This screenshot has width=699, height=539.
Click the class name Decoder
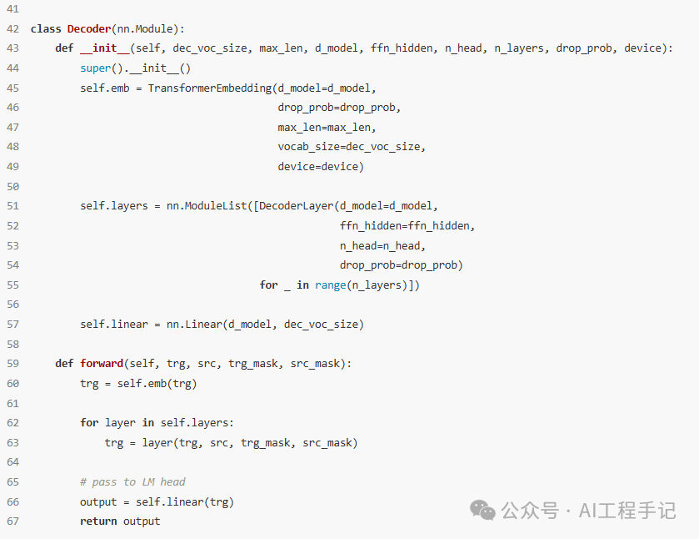[x=89, y=28]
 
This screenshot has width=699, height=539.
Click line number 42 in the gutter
[x=12, y=28]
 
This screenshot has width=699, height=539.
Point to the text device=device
[x=321, y=167]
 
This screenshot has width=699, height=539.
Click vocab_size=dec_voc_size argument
[x=352, y=147]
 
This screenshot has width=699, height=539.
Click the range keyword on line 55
[x=331, y=285]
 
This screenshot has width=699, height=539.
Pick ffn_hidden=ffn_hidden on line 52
[x=407, y=226]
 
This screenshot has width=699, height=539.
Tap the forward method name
[x=102, y=364]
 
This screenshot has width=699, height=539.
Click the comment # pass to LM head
[x=132, y=482]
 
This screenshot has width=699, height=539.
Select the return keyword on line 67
[x=98, y=521]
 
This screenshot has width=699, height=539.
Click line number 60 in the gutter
[x=12, y=384]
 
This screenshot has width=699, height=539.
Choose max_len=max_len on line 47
[x=327, y=128]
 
